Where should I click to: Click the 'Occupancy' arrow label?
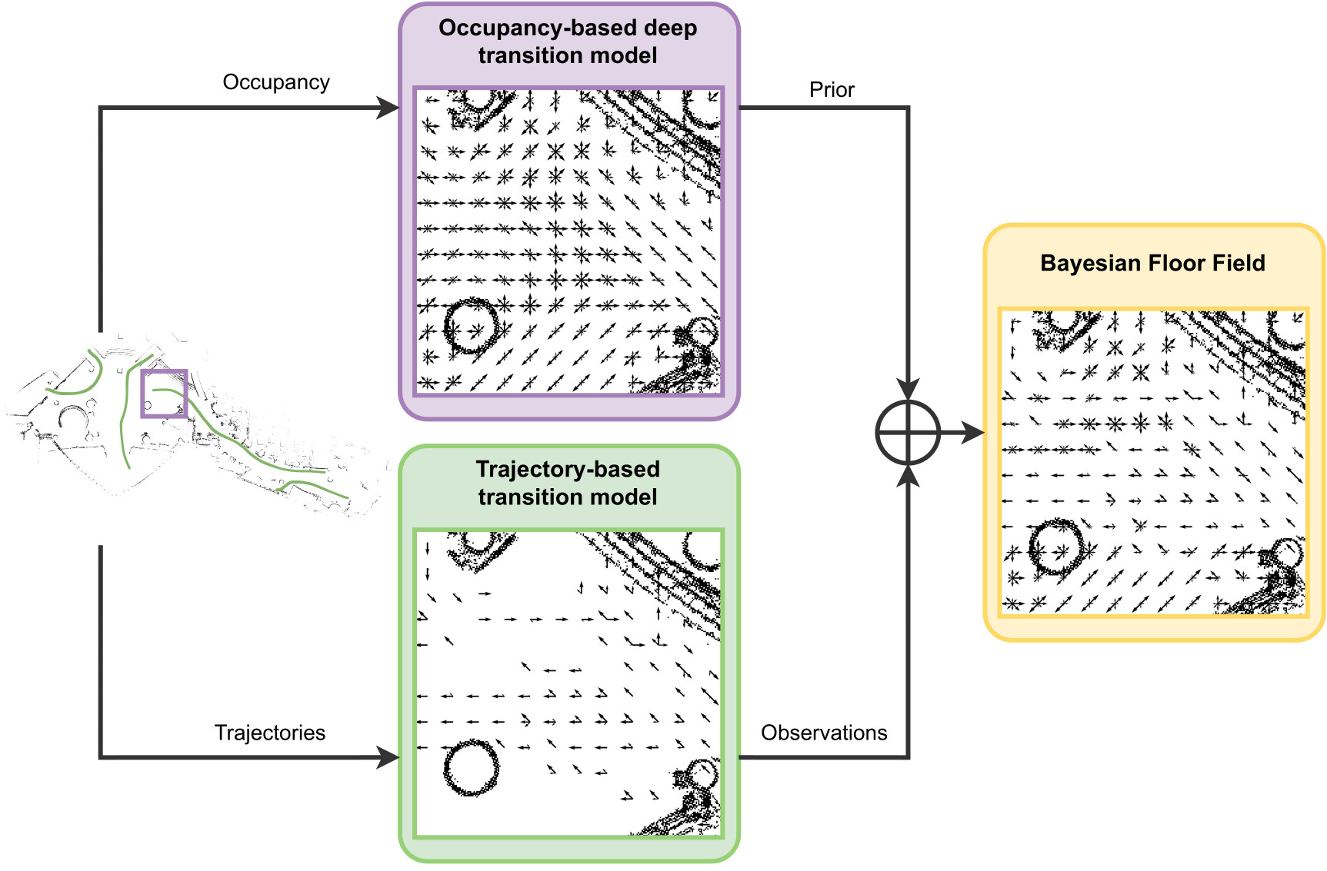(x=276, y=82)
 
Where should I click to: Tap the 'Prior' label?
(x=832, y=90)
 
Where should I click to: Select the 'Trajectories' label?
(x=270, y=733)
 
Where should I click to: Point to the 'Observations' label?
(x=824, y=733)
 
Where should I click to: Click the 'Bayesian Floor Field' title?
(x=1152, y=263)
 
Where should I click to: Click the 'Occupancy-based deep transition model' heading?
(x=568, y=42)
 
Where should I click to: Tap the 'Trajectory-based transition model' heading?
(x=568, y=483)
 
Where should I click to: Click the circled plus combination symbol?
(x=909, y=433)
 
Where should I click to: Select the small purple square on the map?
(x=164, y=394)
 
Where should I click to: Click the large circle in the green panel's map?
(x=471, y=767)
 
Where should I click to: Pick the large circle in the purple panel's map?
(x=471, y=326)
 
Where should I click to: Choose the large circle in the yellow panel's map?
(x=1055, y=547)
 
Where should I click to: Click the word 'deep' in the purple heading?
(x=670, y=28)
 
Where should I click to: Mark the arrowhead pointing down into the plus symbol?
(x=909, y=389)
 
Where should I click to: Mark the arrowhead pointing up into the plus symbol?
(x=909, y=477)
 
